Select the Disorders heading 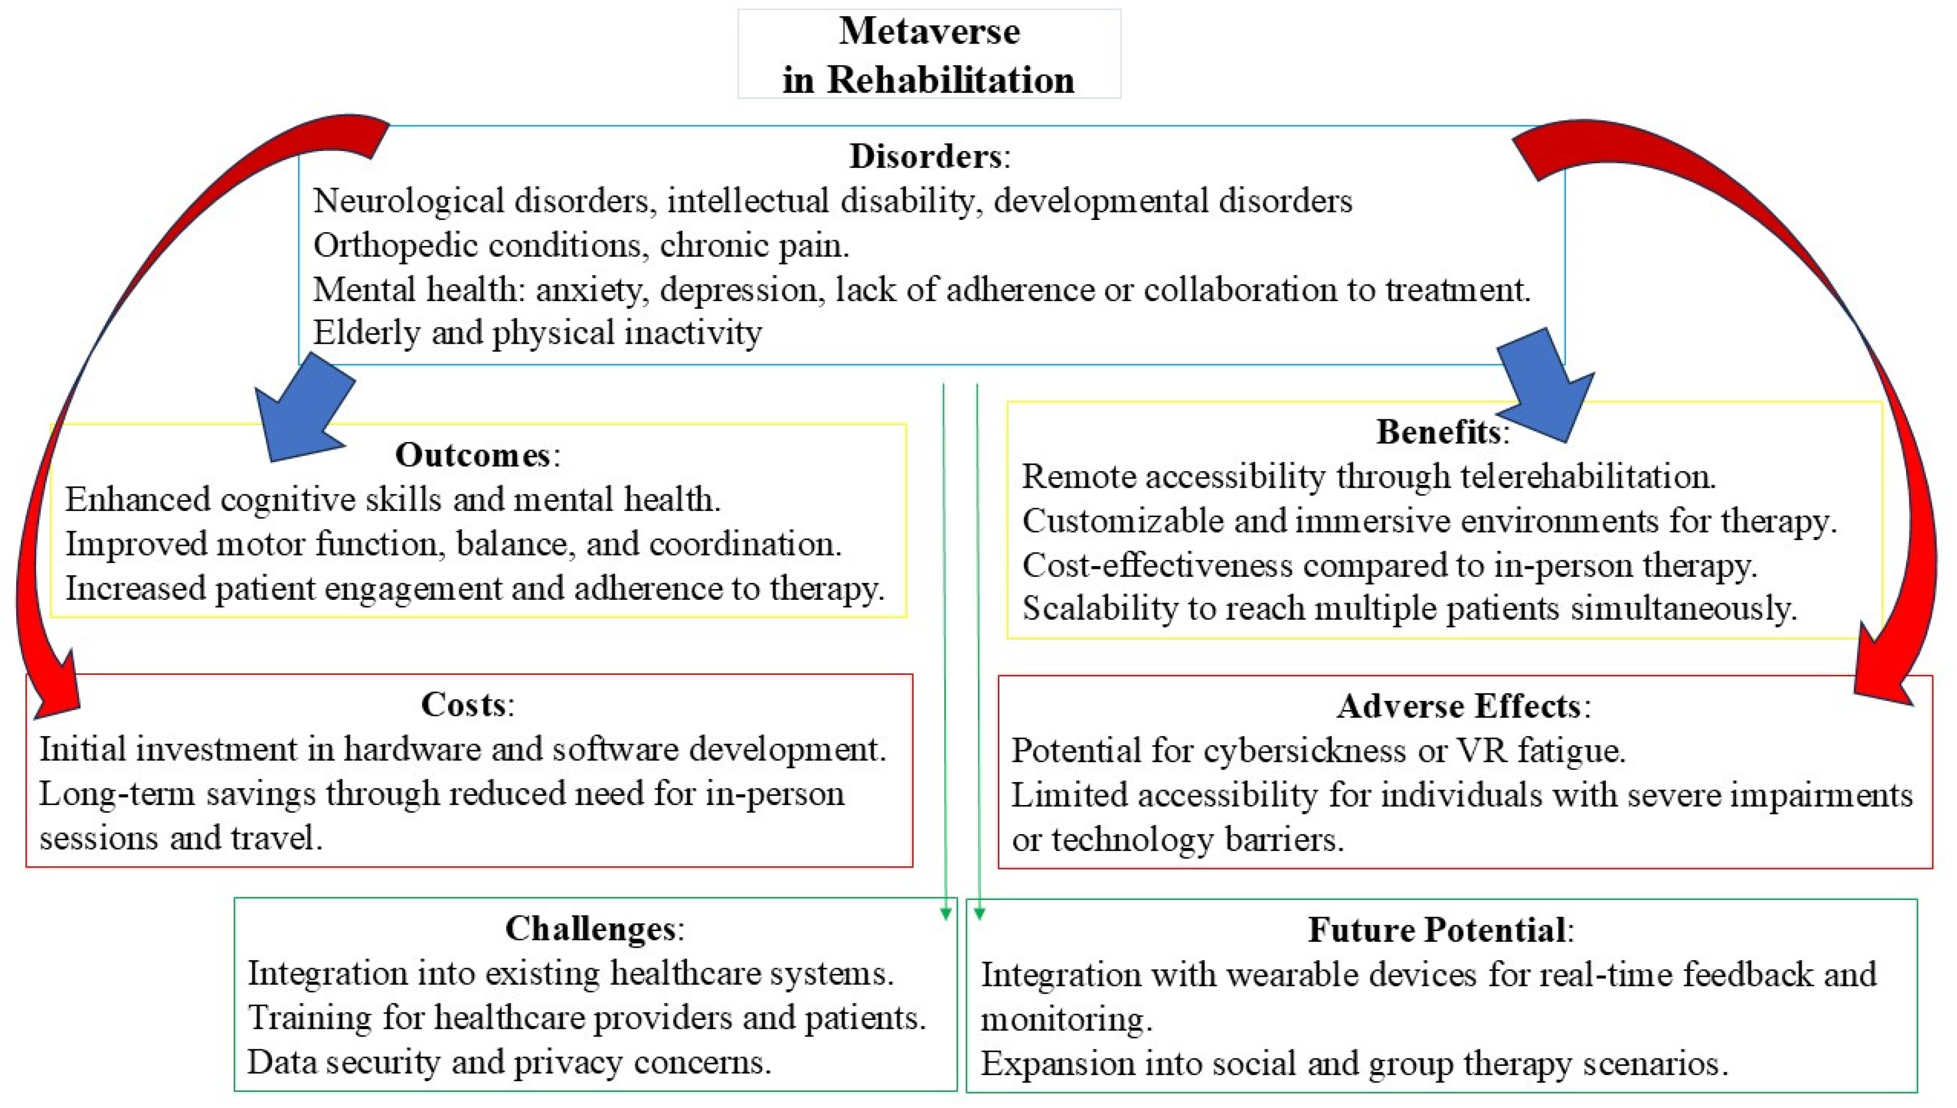click(925, 156)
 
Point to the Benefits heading click(1438, 432)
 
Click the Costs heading click(463, 705)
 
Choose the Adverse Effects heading click(1458, 706)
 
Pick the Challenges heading click(590, 928)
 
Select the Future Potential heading click(1437, 930)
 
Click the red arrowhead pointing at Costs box click(53, 689)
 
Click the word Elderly click(366, 333)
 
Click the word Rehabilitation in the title click(950, 80)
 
